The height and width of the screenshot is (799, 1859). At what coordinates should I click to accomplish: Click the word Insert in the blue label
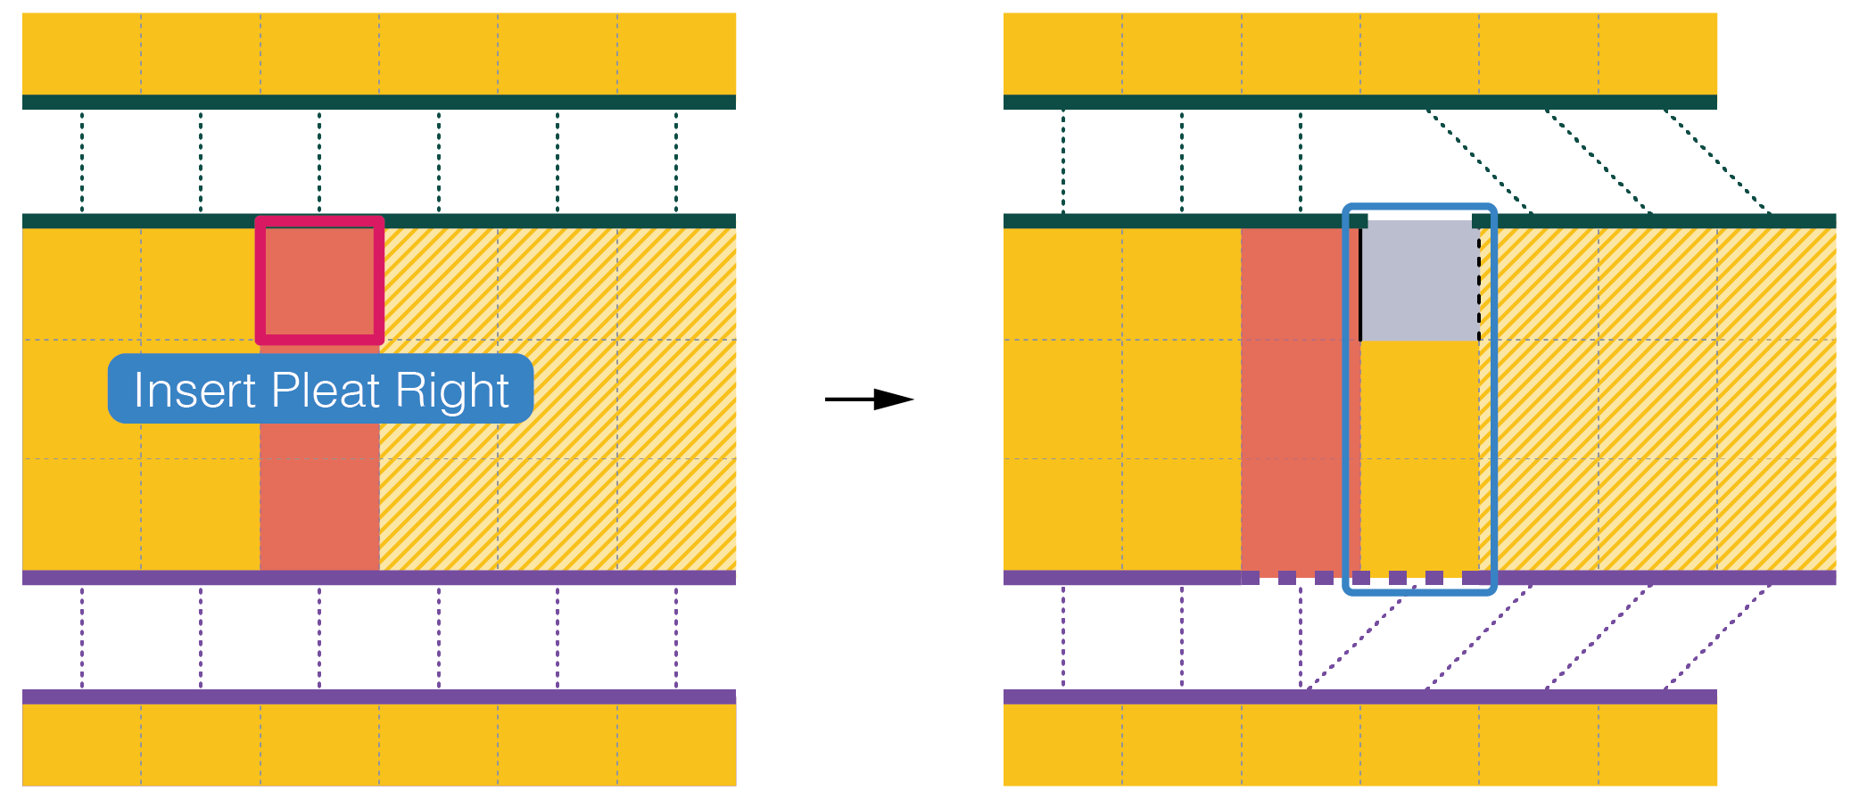click(x=194, y=391)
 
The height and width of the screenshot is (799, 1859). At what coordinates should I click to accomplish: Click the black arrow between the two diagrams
click(x=870, y=399)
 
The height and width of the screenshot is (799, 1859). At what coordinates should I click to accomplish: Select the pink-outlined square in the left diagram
click(x=319, y=280)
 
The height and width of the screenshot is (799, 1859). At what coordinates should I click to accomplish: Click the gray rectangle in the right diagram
click(x=1419, y=281)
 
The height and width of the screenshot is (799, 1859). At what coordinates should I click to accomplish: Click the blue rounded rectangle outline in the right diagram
click(x=1345, y=401)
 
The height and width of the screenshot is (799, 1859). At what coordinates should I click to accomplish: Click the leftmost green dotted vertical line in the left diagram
click(x=82, y=161)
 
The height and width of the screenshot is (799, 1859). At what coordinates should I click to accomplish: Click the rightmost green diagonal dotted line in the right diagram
click(x=1716, y=161)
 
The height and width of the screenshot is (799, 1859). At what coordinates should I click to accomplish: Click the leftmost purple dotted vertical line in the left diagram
click(x=82, y=638)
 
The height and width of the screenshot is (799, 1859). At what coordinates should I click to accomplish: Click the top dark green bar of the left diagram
click(x=379, y=102)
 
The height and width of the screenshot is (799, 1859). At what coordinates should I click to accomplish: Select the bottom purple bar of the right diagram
click(x=1360, y=696)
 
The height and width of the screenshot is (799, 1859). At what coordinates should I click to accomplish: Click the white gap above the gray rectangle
click(x=1419, y=216)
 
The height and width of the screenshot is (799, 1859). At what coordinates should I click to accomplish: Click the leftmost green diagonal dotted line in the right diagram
click(x=1478, y=161)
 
